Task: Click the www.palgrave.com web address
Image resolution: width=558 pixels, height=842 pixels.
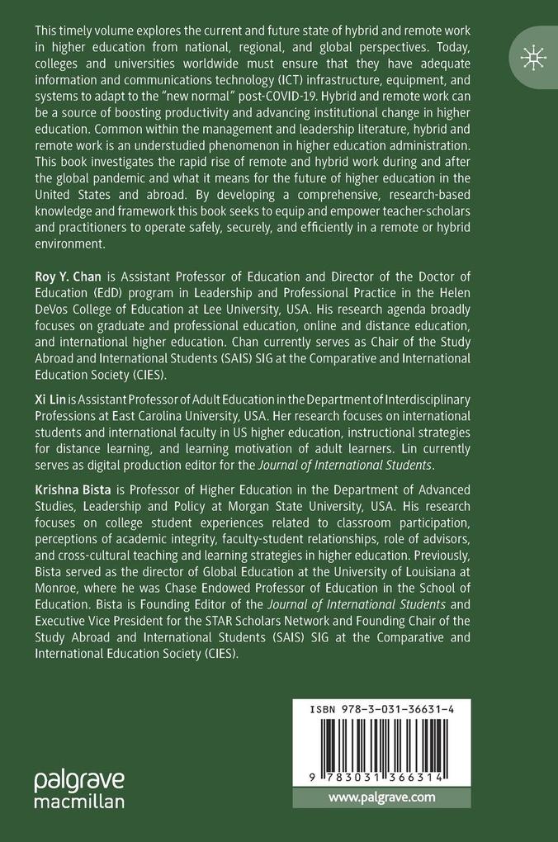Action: pyautogui.click(x=381, y=797)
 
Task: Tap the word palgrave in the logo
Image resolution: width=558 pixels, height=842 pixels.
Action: pyautogui.click(x=79, y=779)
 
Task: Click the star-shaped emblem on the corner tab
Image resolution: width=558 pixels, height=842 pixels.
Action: pyautogui.click(x=533, y=57)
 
